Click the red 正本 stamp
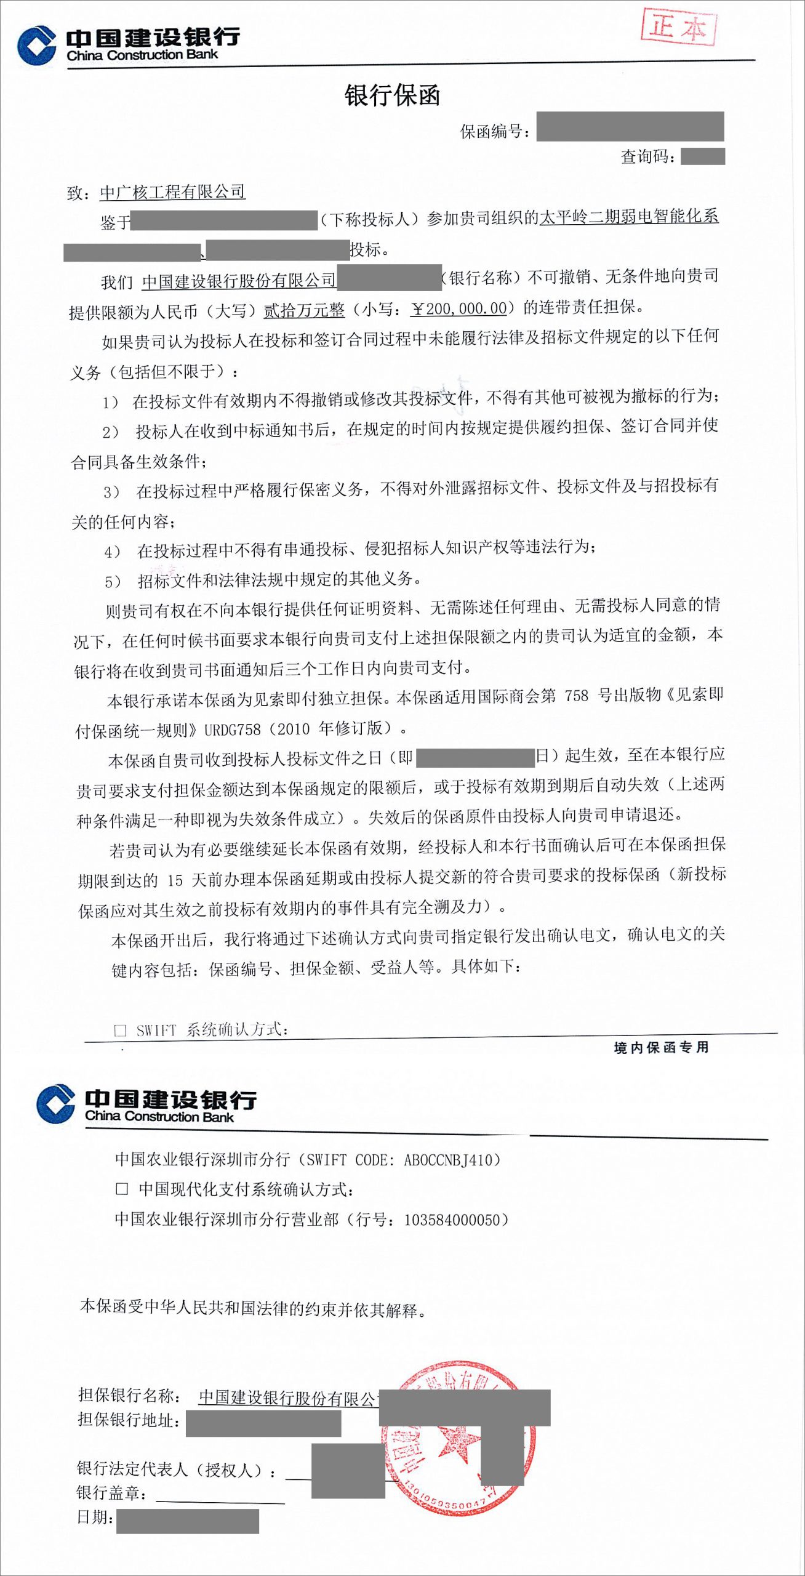(x=679, y=27)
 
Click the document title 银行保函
(x=392, y=96)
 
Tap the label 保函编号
(x=494, y=131)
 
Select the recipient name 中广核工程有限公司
(x=172, y=192)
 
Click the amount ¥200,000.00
(x=459, y=308)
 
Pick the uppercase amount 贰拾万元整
(x=304, y=310)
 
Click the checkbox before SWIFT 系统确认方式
(x=121, y=1030)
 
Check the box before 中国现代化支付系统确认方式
(x=122, y=1189)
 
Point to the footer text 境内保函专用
(x=661, y=1047)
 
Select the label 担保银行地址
(x=129, y=1420)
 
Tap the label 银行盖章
(x=111, y=1492)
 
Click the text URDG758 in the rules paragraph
(x=233, y=730)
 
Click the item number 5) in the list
(x=113, y=581)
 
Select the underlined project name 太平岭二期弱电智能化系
(x=629, y=217)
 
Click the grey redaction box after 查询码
(x=703, y=156)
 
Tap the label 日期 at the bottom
(x=94, y=1517)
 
